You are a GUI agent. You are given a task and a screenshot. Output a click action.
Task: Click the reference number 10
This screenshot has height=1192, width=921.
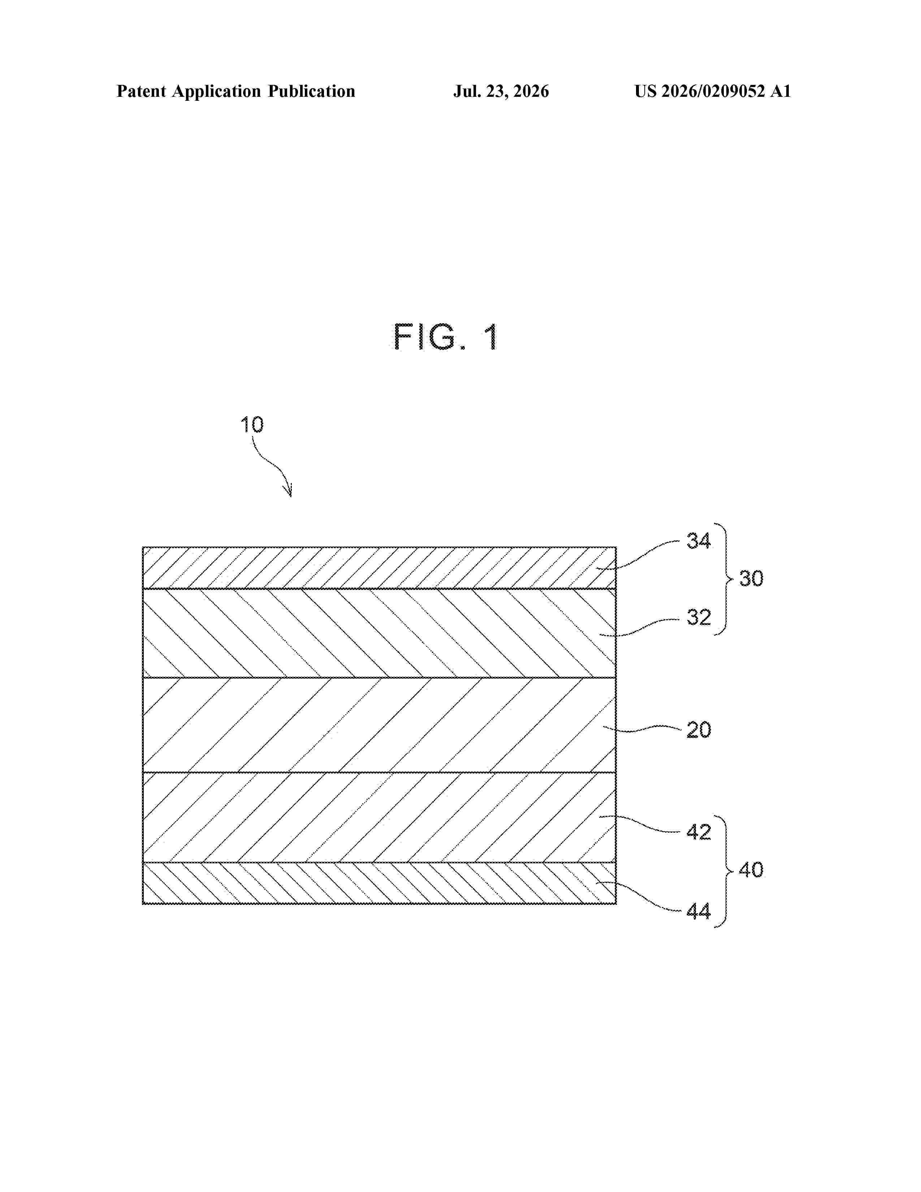(252, 425)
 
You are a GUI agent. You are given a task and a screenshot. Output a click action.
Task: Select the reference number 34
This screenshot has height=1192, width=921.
(699, 541)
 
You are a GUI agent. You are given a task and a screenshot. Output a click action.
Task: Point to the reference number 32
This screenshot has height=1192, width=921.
(699, 617)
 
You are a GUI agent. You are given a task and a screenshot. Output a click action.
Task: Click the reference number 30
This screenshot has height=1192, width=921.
(751, 579)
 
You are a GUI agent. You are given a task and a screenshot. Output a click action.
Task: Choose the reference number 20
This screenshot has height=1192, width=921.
(699, 730)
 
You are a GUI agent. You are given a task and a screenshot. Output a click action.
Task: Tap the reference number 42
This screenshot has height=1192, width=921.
(699, 832)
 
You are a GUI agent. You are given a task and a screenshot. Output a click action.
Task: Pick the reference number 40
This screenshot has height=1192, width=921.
(751, 869)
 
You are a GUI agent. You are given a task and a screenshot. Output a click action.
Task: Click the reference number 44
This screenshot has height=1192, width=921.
(699, 911)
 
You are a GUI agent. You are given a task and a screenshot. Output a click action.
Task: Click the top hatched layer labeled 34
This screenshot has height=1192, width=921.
(379, 567)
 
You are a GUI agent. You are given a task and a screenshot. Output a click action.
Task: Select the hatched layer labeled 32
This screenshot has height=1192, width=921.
(379, 633)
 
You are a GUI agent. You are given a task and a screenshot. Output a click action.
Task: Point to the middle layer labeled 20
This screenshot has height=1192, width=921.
(379, 725)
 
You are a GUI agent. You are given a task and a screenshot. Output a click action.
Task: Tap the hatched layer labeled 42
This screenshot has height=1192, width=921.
(379, 817)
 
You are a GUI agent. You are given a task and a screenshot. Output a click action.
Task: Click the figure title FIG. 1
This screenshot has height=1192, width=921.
(445, 337)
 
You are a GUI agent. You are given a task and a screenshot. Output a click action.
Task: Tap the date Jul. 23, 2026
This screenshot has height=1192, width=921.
(501, 91)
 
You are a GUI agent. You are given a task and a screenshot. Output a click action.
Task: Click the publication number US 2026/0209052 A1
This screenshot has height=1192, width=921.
(713, 91)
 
